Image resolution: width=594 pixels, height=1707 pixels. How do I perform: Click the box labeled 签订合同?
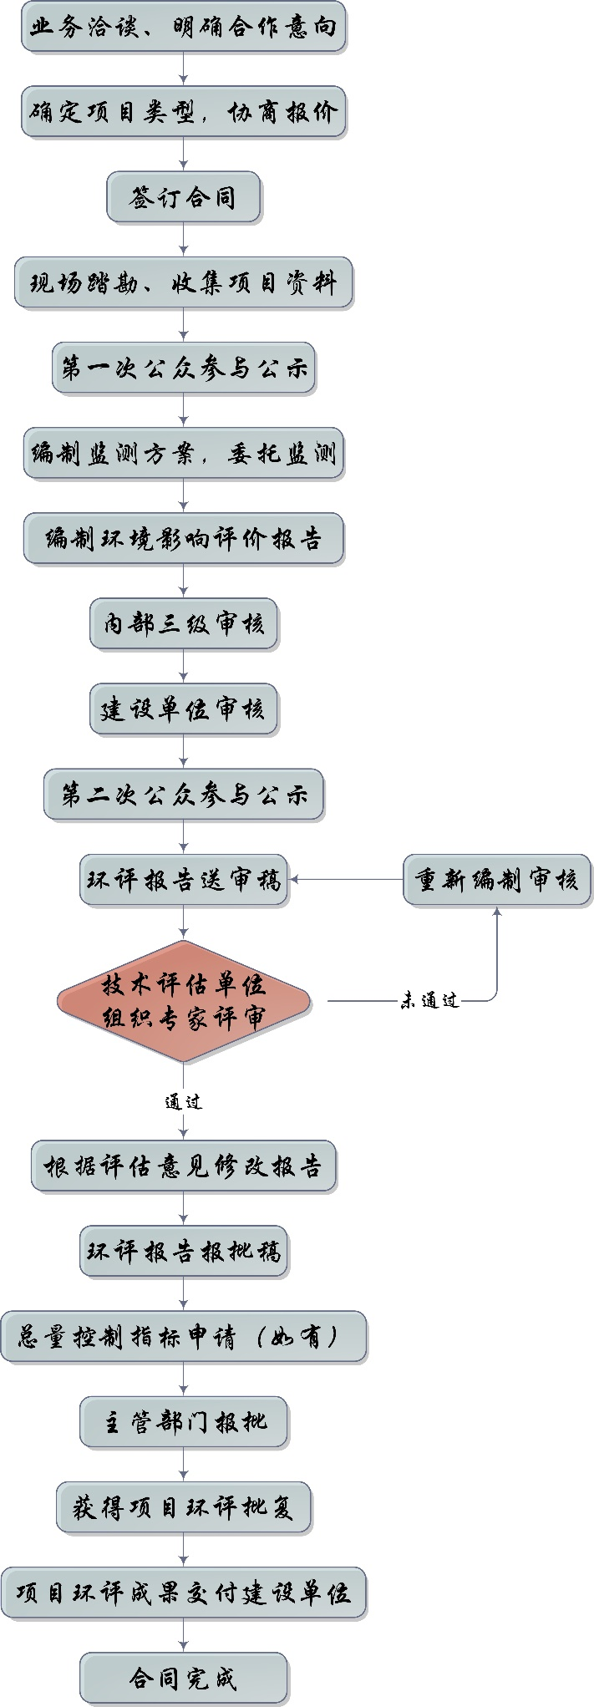pos(184,198)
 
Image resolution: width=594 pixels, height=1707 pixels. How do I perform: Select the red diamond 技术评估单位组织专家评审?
pos(184,1001)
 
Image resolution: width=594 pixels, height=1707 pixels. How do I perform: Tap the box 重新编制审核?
pos(497,880)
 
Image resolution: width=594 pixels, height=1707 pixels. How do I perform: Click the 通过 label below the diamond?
pos(184,1102)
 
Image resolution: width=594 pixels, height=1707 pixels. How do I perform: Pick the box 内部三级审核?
pos(184,624)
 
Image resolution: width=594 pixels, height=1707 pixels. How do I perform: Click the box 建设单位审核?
pos(184,709)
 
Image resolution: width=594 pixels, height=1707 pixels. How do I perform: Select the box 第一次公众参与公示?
pos(184,368)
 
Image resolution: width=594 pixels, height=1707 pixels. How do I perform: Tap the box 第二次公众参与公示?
pos(184,795)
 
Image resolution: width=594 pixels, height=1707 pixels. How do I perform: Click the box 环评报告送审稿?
pos(184,880)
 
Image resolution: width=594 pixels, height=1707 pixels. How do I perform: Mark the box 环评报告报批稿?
pos(184,1251)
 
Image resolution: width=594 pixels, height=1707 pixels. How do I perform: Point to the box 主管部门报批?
pos(184,1421)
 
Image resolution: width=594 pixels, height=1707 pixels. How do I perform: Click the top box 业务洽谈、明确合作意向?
pos(184,28)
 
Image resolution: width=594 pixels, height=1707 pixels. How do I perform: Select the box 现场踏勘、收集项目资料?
pos(184,283)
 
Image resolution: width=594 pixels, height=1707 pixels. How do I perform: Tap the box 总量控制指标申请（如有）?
pos(184,1337)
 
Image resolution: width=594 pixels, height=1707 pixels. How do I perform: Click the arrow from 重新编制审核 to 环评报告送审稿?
pos(346,880)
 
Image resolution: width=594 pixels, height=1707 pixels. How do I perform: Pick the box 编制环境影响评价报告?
pos(184,539)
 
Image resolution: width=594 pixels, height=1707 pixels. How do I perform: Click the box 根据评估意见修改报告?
pos(184,1166)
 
